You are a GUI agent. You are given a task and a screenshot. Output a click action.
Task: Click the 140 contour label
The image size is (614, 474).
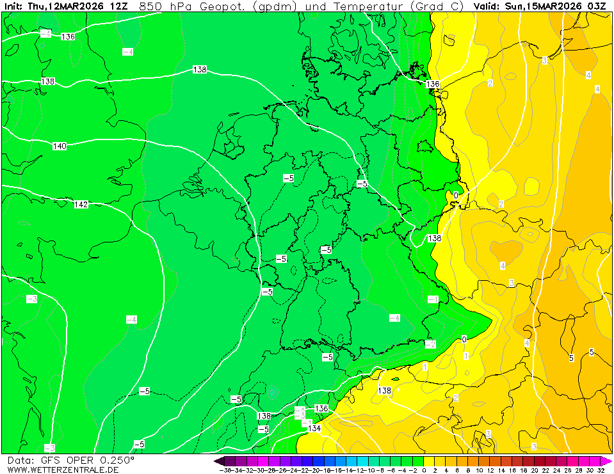[60, 146]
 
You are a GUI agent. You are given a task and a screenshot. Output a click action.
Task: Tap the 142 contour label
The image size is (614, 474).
[81, 205]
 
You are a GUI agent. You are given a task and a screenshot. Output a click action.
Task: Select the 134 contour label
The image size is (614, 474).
[314, 428]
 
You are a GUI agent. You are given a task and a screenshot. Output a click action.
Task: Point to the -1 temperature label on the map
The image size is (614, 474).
[433, 299]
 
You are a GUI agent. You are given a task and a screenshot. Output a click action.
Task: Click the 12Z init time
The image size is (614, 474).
[118, 6]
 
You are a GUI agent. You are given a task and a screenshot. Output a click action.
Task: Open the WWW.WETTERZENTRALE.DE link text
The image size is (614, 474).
[63, 470]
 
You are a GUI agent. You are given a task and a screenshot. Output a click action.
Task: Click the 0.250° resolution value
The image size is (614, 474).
[115, 460]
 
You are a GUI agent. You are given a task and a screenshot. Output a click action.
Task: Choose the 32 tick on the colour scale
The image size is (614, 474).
[600, 470]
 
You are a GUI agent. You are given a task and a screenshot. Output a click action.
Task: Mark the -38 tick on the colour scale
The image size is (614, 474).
[225, 470]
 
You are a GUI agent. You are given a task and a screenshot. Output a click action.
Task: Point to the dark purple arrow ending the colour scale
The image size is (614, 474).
[219, 461]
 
